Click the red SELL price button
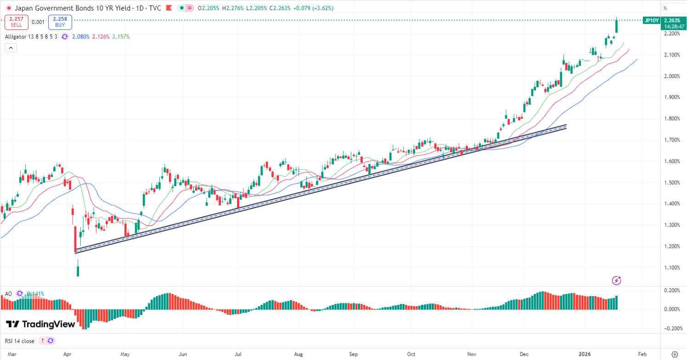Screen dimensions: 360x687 (x=17, y=22)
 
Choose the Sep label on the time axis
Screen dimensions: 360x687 (x=354, y=354)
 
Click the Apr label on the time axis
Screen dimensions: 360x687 (x=68, y=354)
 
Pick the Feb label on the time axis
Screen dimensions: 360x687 (x=642, y=354)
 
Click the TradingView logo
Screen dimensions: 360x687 (x=40, y=324)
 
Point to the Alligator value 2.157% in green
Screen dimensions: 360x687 (x=121, y=37)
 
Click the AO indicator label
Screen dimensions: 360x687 (x=8, y=293)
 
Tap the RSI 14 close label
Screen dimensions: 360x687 (x=20, y=341)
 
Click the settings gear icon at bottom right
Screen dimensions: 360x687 (x=674, y=354)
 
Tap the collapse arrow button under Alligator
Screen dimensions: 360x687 (x=11, y=47)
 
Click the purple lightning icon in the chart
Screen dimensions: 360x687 (x=617, y=280)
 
